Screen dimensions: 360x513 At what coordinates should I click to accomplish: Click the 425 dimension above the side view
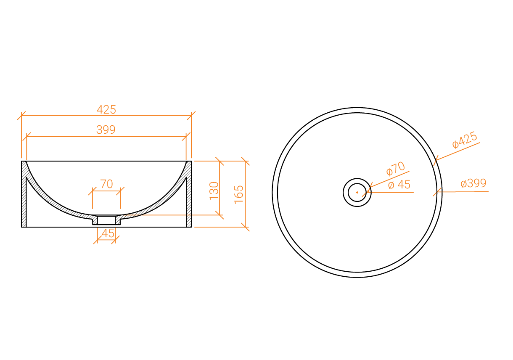[x=106, y=110]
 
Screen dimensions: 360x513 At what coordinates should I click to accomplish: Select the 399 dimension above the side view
[x=106, y=130]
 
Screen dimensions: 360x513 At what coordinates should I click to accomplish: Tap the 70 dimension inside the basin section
[x=106, y=184]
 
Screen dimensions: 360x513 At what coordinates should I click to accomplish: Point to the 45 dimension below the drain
[x=108, y=233]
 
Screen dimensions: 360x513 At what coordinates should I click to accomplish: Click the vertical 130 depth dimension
[x=214, y=191]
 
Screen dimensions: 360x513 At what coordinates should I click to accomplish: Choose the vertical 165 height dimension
[x=238, y=194]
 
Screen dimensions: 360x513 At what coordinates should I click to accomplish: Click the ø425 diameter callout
[x=465, y=140]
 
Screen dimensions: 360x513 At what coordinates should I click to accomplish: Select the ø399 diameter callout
[x=473, y=184]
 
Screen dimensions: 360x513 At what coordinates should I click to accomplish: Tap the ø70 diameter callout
[x=395, y=169]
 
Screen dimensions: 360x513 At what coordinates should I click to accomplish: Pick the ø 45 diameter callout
[x=399, y=185]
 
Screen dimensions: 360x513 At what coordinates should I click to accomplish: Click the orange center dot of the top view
[x=357, y=192]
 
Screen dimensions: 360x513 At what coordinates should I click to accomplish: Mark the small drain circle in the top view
[x=357, y=192]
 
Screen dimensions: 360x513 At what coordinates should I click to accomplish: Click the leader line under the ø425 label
[x=458, y=151]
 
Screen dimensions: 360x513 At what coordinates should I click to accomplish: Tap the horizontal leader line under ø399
[x=463, y=192]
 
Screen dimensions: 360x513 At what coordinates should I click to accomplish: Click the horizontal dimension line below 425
[x=106, y=115]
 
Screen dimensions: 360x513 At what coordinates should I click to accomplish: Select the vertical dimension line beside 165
[x=245, y=194]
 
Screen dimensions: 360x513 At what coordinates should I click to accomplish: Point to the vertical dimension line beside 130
[x=219, y=188]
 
